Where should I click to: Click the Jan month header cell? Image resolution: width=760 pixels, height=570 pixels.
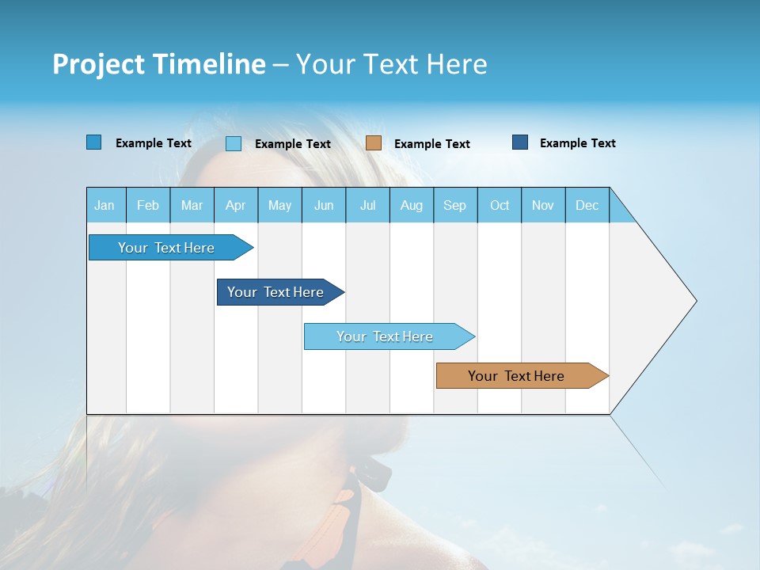[x=105, y=205]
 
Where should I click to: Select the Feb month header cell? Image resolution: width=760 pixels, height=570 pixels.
[x=148, y=205]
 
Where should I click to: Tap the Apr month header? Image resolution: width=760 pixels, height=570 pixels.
[x=236, y=205]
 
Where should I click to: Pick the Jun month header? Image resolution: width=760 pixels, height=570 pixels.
[x=324, y=205]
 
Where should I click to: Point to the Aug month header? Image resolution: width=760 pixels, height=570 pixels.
[x=412, y=205]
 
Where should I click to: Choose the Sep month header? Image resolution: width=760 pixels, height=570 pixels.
[x=455, y=205]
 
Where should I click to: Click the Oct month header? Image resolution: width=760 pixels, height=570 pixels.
[x=500, y=205]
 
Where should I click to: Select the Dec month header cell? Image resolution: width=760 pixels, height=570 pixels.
[x=587, y=205]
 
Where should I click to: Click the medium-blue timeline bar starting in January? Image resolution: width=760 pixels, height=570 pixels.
[x=167, y=248]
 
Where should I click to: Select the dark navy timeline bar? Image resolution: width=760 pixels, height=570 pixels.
[x=276, y=292]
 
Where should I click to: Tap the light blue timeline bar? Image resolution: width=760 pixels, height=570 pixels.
[x=386, y=336]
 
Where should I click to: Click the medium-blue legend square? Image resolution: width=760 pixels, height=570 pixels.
[x=94, y=142]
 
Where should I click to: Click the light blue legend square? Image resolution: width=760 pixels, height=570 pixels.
[x=234, y=143]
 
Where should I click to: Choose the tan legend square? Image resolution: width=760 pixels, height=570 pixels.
[x=374, y=143]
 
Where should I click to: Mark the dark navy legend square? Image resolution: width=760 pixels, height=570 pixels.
[x=520, y=142]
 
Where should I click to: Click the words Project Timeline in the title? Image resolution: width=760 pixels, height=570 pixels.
[x=159, y=64]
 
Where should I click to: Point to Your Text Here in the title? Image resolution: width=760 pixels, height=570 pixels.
[x=392, y=64]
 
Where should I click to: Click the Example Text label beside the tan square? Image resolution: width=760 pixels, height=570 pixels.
[x=432, y=144]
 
